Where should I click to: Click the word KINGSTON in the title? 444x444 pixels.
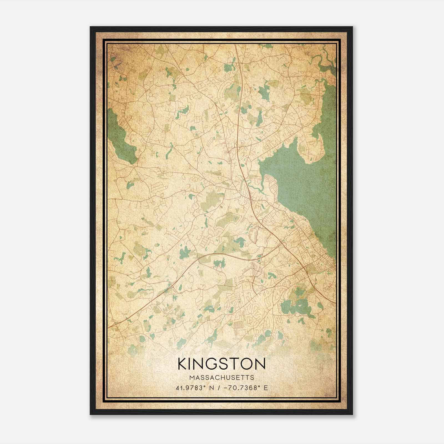click(222, 364)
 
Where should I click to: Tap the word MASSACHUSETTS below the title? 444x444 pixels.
click(222, 378)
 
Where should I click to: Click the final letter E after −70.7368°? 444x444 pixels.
click(266, 388)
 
